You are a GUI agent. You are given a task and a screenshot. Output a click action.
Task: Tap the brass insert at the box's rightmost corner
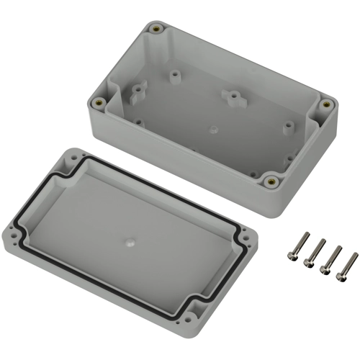coord(326,104)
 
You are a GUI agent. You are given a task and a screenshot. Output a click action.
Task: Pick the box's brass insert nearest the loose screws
coord(271,181)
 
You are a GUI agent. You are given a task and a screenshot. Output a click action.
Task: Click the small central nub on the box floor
coord(213,130)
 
